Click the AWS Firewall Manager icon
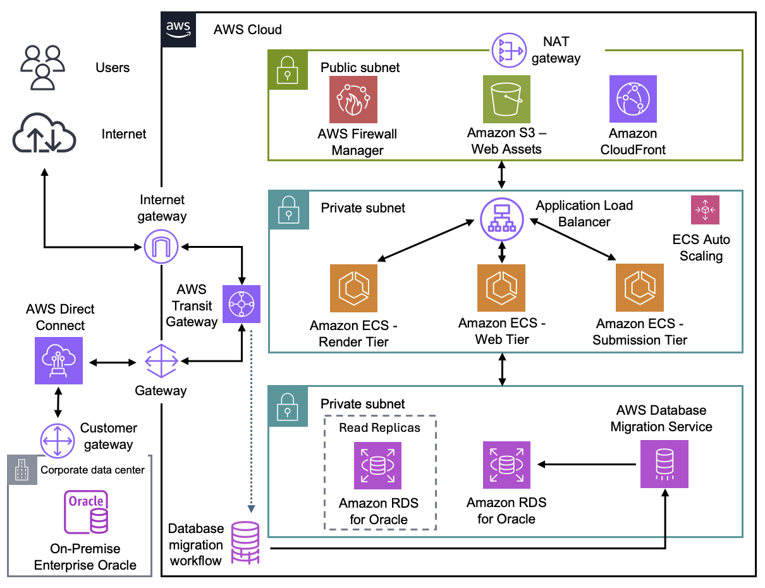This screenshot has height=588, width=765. click(x=353, y=99)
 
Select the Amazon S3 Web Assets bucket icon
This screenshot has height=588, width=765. click(x=506, y=99)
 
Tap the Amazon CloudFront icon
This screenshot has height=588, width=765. click(x=632, y=99)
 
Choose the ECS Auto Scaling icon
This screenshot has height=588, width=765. click(x=705, y=210)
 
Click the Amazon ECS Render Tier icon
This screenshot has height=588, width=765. click(x=353, y=288)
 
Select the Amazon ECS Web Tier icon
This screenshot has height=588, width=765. click(x=501, y=288)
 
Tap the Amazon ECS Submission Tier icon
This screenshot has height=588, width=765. click(x=639, y=288)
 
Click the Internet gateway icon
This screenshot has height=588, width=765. click(x=161, y=246)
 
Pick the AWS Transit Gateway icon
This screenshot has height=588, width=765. click(x=242, y=304)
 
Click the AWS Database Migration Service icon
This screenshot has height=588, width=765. click(x=664, y=464)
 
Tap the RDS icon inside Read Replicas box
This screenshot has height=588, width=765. click(x=377, y=465)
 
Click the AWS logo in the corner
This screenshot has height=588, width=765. click(x=179, y=29)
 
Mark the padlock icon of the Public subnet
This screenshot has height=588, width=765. click(x=288, y=69)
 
